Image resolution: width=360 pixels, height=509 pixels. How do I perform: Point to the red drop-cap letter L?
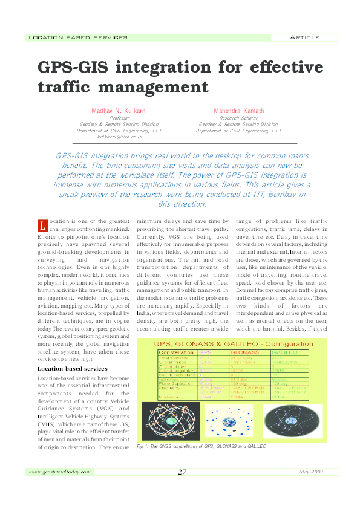[42, 226]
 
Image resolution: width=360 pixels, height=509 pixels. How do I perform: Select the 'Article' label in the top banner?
[304, 37]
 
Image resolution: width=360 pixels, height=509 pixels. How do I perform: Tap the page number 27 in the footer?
[182, 472]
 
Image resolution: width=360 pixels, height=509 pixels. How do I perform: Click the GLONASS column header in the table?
[246, 352]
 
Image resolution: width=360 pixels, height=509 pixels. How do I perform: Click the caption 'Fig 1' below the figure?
[144, 447]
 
